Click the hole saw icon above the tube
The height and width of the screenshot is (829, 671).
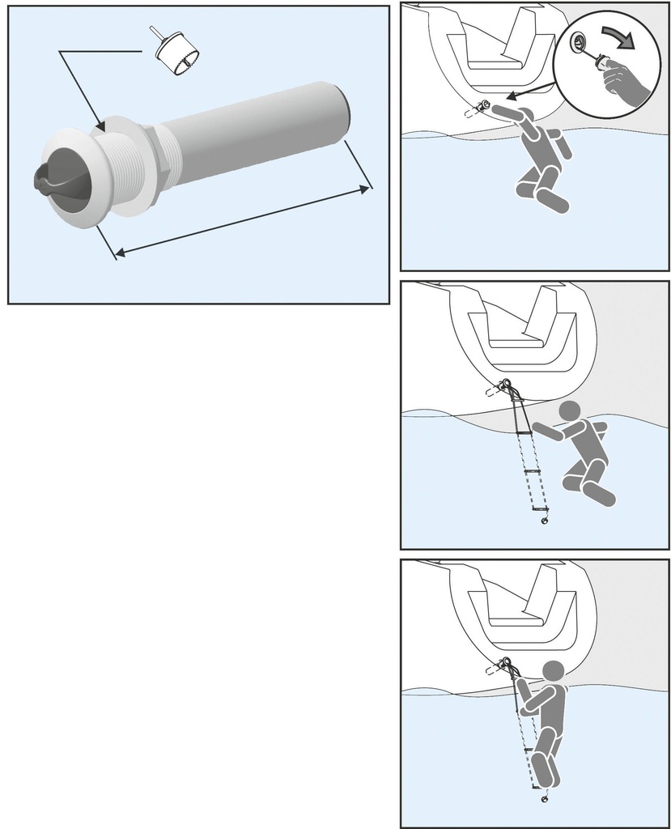(x=176, y=54)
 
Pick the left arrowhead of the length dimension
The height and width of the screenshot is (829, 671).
(x=120, y=253)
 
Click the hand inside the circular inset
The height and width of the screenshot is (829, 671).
(x=625, y=79)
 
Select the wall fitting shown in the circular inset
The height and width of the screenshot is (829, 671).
(x=580, y=44)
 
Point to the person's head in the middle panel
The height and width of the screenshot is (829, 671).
(x=570, y=410)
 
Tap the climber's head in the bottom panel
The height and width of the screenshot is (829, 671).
(x=554, y=671)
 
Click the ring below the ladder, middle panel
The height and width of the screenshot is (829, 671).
(x=544, y=522)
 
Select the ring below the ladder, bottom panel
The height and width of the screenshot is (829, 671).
(x=543, y=800)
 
